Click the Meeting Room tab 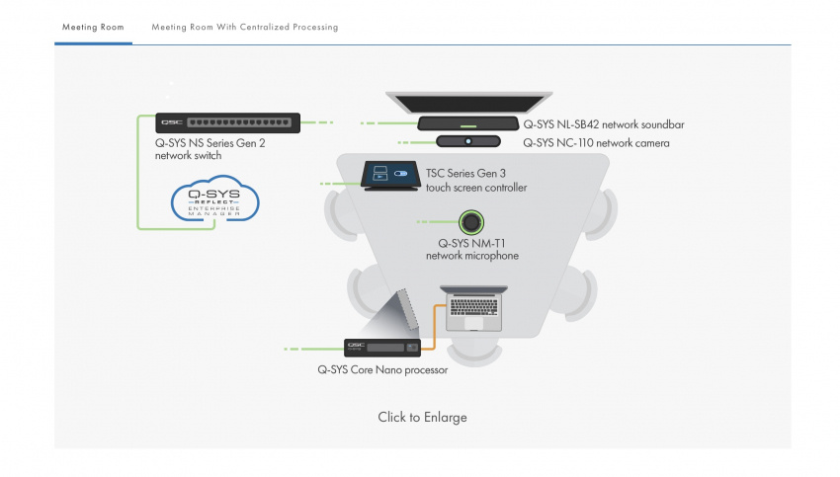click(93, 28)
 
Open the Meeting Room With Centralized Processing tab click(244, 28)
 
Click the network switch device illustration click(227, 123)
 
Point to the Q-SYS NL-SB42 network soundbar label click(603, 125)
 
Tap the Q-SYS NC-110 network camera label click(596, 143)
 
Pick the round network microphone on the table click(471, 221)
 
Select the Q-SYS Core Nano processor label click(382, 370)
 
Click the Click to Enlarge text click(422, 417)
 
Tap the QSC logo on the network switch click(170, 123)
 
